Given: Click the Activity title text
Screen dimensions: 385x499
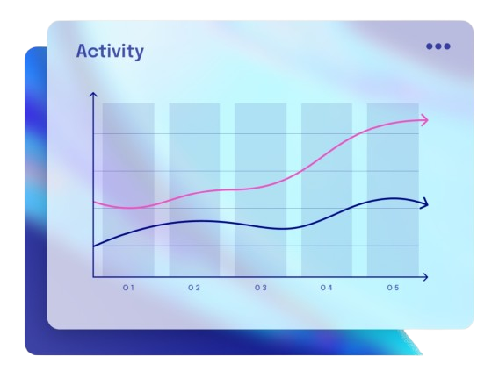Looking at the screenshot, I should click(x=110, y=52).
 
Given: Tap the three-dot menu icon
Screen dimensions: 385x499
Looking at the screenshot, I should click(x=438, y=46).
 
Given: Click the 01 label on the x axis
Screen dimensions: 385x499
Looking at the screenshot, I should click(x=128, y=288).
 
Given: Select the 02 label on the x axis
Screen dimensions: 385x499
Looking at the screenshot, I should click(x=194, y=288).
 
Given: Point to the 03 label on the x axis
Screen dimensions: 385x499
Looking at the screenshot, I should click(x=261, y=288).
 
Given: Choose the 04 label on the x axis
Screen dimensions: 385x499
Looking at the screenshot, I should click(x=326, y=288).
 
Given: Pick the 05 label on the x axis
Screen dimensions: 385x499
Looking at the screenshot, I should click(x=393, y=288).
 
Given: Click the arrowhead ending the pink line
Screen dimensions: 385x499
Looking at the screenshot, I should click(x=425, y=120).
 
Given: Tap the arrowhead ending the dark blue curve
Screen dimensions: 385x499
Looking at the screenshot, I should click(x=425, y=204).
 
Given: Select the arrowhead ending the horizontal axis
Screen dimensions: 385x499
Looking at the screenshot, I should click(x=425, y=277).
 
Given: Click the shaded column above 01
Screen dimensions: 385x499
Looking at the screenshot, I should click(x=128, y=189).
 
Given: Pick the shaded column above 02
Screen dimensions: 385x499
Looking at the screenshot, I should click(x=194, y=189).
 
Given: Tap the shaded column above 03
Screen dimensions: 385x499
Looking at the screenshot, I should click(x=260, y=189).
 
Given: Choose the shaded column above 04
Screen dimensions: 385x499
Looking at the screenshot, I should click(x=327, y=189).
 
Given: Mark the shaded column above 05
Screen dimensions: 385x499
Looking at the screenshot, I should click(x=392, y=189).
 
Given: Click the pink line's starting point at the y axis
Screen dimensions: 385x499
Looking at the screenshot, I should click(x=94, y=203).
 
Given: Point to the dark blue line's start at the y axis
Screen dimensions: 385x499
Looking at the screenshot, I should click(x=94, y=246).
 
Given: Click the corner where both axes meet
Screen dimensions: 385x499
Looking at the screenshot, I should click(x=93, y=277).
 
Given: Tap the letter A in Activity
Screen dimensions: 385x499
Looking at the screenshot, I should click(x=83, y=52).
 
